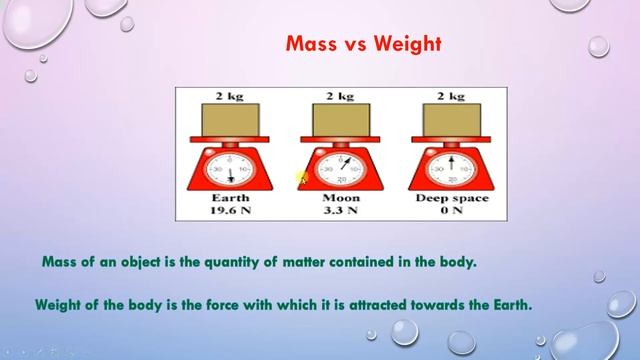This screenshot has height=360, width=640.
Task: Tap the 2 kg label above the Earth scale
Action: tap(233, 96)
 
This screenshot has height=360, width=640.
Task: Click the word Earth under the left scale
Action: tap(233, 199)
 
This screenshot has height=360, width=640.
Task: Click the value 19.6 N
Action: tap(233, 212)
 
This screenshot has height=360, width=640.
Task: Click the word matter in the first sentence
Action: tap(316, 263)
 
